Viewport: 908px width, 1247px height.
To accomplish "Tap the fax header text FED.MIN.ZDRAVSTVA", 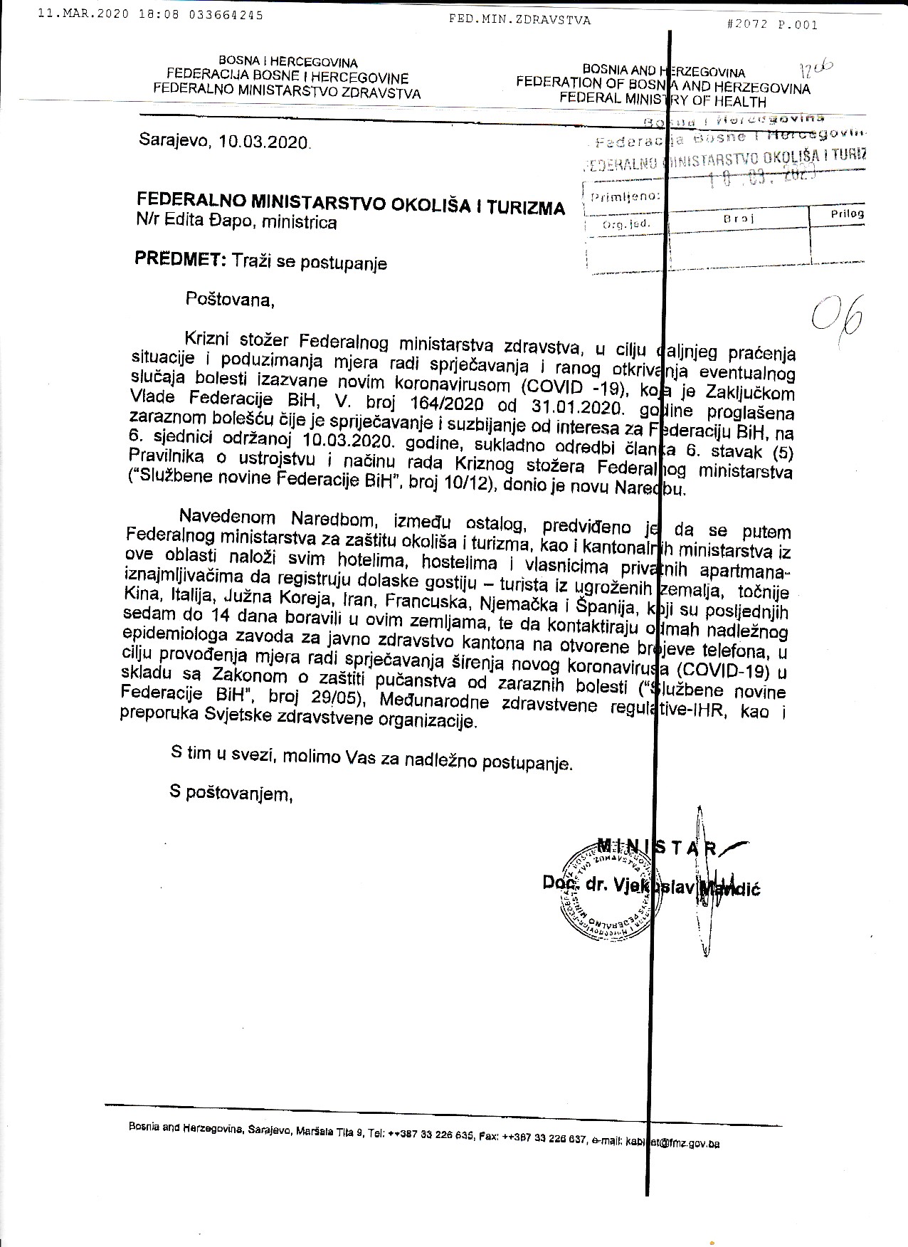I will point(519,20).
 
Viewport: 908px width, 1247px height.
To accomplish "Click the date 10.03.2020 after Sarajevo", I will point(265,142).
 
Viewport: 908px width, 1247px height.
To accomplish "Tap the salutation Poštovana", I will point(230,299).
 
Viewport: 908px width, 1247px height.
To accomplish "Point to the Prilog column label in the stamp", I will point(847,214).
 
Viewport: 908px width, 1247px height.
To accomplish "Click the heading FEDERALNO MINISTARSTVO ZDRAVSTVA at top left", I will point(287,93).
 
